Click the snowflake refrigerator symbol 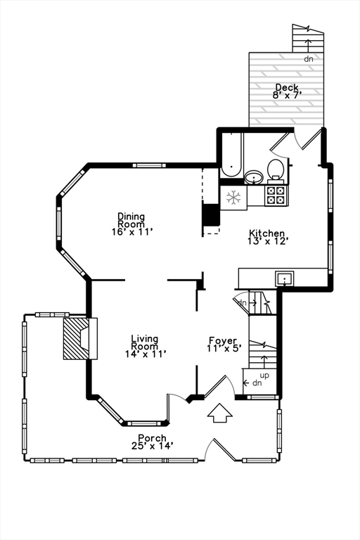click(x=233, y=198)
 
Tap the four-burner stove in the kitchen click(x=275, y=195)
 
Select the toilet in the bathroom click(x=276, y=169)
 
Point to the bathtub click(x=231, y=156)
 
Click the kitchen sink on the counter click(x=284, y=278)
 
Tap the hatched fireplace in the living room click(x=76, y=338)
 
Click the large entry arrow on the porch click(x=220, y=413)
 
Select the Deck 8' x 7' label click(x=286, y=91)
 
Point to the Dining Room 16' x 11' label click(x=131, y=224)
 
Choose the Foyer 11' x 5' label click(x=224, y=344)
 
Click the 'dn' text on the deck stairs click(x=308, y=59)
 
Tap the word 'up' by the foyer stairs click(x=264, y=375)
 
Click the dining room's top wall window click(x=150, y=165)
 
